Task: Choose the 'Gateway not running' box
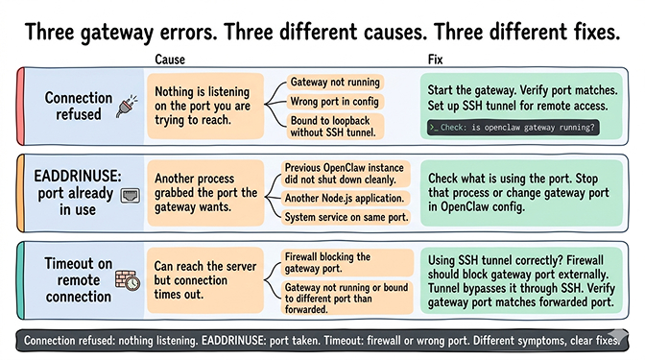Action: (336, 83)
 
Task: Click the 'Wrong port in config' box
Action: (336, 102)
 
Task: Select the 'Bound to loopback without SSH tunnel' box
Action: (336, 126)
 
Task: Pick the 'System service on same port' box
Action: (345, 217)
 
